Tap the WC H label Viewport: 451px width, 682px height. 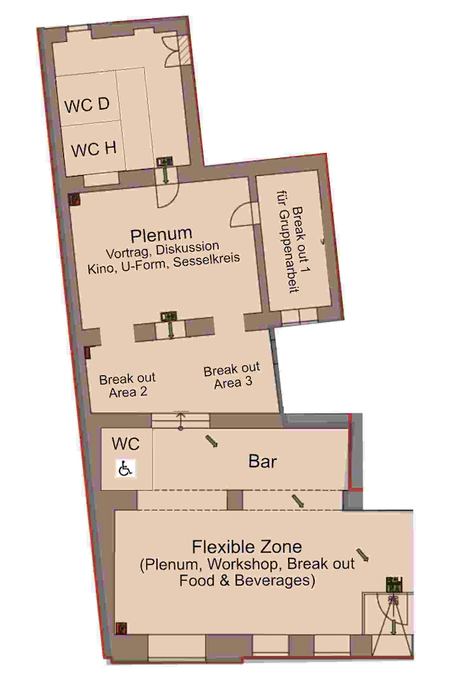94,149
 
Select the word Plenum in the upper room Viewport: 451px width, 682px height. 161,234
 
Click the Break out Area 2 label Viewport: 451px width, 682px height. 127,385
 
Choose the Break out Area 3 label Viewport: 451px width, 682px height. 232,376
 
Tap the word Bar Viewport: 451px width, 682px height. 262,462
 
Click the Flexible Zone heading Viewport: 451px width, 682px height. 247,547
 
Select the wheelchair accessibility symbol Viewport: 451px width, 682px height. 126,469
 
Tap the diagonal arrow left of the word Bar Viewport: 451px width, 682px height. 211,441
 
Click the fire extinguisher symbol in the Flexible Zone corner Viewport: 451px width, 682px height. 120,628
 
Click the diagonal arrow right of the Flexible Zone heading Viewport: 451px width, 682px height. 363,555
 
